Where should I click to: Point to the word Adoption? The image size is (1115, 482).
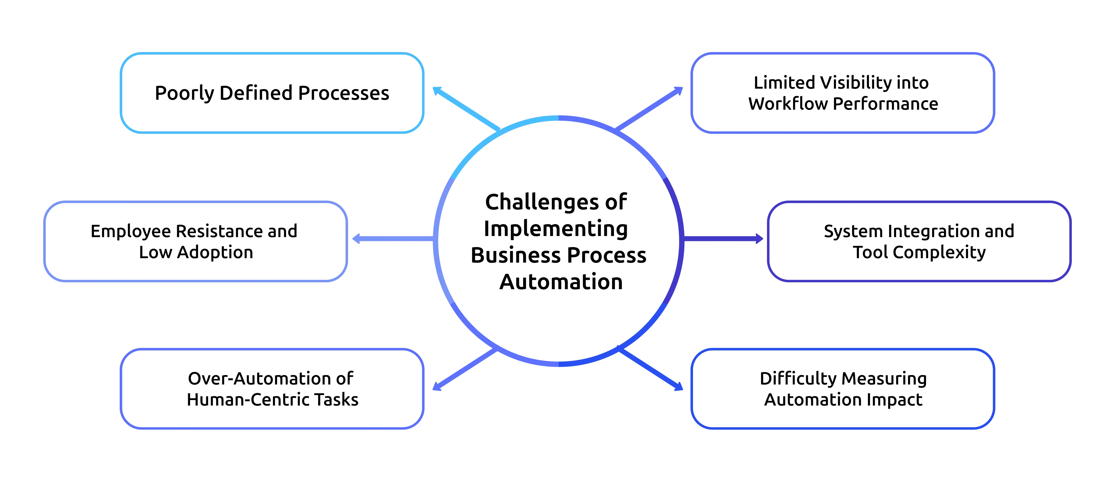click(215, 252)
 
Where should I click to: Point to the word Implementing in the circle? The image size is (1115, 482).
click(556, 229)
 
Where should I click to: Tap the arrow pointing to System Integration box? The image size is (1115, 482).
click(723, 239)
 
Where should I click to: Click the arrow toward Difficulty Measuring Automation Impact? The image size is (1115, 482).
click(651, 369)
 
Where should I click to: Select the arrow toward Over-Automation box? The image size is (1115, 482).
click(465, 369)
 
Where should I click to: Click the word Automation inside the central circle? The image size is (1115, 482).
click(561, 282)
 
